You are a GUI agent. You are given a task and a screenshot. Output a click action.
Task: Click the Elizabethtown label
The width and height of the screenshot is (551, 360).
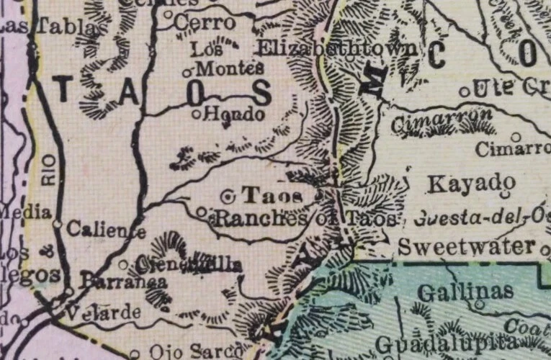click(336, 49)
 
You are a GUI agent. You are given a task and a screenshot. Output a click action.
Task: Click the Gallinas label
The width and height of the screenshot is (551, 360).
click(465, 291)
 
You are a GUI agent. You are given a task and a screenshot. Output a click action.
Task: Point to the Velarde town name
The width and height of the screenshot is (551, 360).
click(102, 313)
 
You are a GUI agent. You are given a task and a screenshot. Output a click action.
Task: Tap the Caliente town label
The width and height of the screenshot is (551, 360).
click(106, 230)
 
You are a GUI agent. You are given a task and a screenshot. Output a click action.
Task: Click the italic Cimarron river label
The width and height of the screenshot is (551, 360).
click(442, 117)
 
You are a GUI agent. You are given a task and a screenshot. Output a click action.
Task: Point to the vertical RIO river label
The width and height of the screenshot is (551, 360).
click(48, 173)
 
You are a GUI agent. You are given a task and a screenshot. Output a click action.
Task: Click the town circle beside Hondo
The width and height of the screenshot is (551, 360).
click(196, 113)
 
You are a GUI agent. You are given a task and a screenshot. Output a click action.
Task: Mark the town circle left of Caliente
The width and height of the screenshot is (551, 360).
click(57, 224)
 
